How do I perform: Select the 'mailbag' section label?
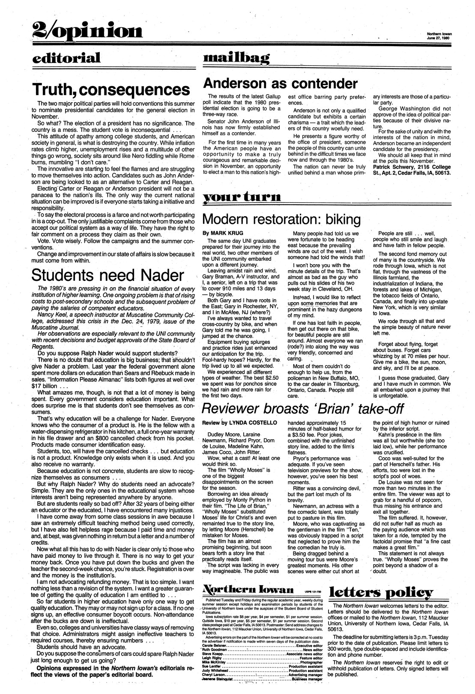237,57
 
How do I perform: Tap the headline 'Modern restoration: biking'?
281,220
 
